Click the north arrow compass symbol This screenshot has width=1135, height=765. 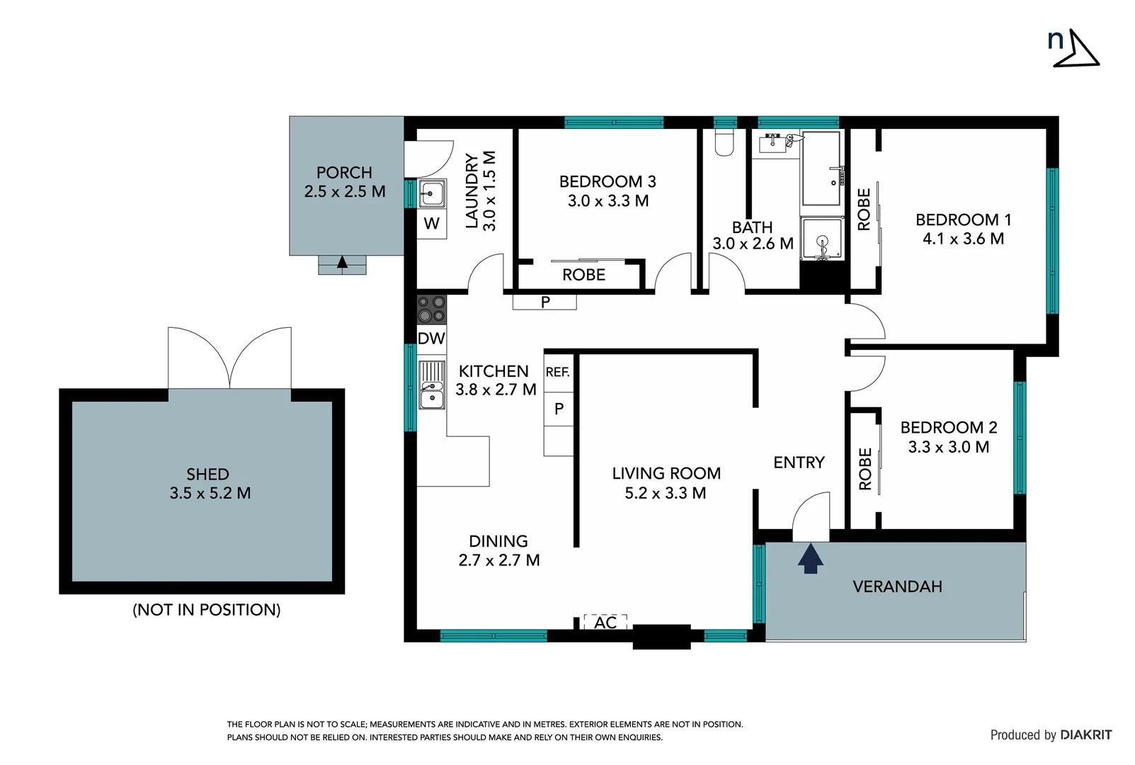coord(1076,49)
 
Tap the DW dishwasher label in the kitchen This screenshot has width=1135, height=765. coord(430,339)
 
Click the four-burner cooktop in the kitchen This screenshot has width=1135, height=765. coord(431,309)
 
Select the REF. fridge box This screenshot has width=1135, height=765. coord(558,372)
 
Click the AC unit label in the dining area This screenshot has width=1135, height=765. coord(605,622)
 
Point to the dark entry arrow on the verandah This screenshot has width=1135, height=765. coord(810,557)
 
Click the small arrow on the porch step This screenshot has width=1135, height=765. coord(342,263)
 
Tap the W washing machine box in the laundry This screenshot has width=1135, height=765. coord(431,225)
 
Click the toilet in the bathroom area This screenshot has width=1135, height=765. coord(724,142)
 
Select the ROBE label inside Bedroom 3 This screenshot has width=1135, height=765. coord(583,275)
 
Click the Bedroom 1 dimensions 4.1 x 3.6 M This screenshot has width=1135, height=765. coord(963,239)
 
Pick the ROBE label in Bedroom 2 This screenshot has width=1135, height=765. coord(865,468)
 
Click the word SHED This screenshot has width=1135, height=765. coord(207,474)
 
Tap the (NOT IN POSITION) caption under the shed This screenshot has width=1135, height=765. coord(206,609)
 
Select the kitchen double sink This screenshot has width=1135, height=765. coord(431,385)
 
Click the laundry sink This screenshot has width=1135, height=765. coord(432,193)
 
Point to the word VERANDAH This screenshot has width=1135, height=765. coord(896,586)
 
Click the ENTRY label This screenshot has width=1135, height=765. coord(799,463)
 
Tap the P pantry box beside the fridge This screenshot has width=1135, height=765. coord(559,409)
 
